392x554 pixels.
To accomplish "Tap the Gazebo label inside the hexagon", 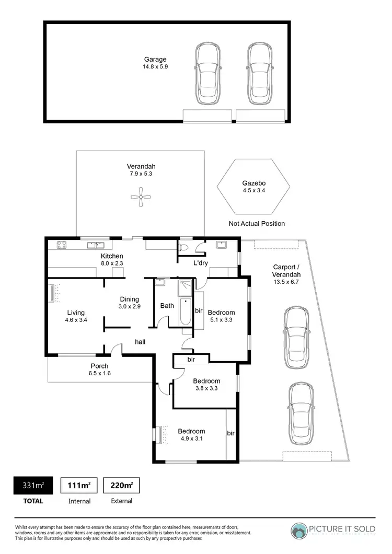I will [254, 183].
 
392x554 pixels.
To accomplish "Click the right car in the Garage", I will [260, 74].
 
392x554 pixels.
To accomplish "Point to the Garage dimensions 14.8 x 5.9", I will [155, 67].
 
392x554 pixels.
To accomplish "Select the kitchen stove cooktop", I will [61, 244].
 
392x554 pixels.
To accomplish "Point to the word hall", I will [140, 342].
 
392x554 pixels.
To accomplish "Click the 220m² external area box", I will [121, 486].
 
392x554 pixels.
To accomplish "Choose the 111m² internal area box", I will [79, 486].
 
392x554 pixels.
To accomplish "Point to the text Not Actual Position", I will [257, 224].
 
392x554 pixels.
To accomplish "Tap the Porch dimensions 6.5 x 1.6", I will [99, 373].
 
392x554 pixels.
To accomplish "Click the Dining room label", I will [129, 299].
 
